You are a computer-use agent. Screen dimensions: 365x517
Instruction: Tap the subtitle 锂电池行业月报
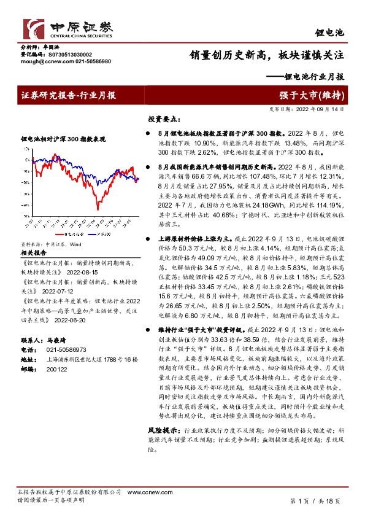tap(312, 77)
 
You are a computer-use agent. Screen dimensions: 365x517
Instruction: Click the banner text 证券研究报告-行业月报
tap(69, 96)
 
